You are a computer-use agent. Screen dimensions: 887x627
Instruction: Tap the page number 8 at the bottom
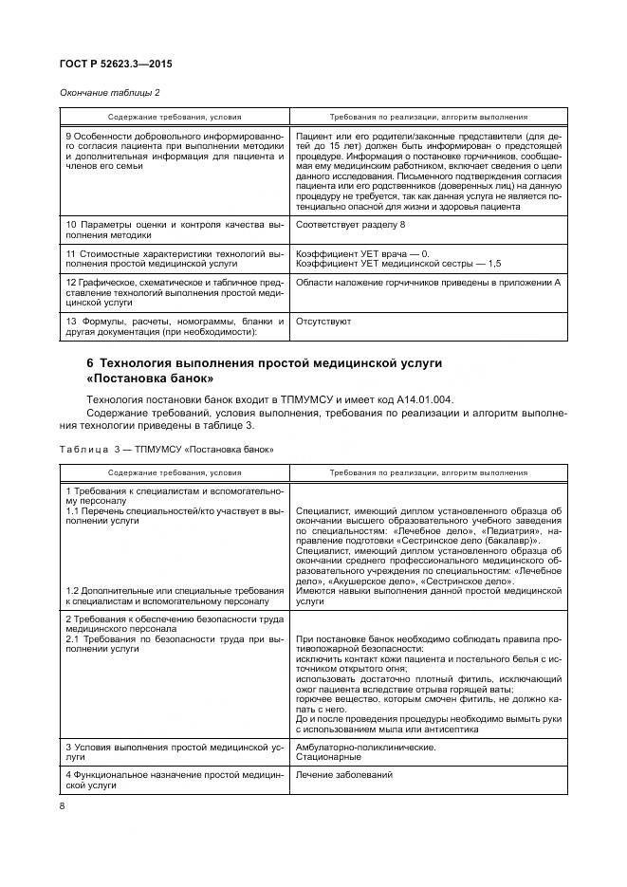point(62,806)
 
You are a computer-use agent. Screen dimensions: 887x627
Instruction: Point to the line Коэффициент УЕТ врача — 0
point(363,253)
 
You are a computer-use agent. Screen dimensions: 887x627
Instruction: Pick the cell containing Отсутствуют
point(323,321)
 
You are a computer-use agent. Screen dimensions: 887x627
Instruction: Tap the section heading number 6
point(90,364)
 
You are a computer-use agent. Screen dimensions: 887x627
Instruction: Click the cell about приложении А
point(427,283)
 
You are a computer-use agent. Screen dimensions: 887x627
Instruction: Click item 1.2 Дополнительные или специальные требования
point(175,595)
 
